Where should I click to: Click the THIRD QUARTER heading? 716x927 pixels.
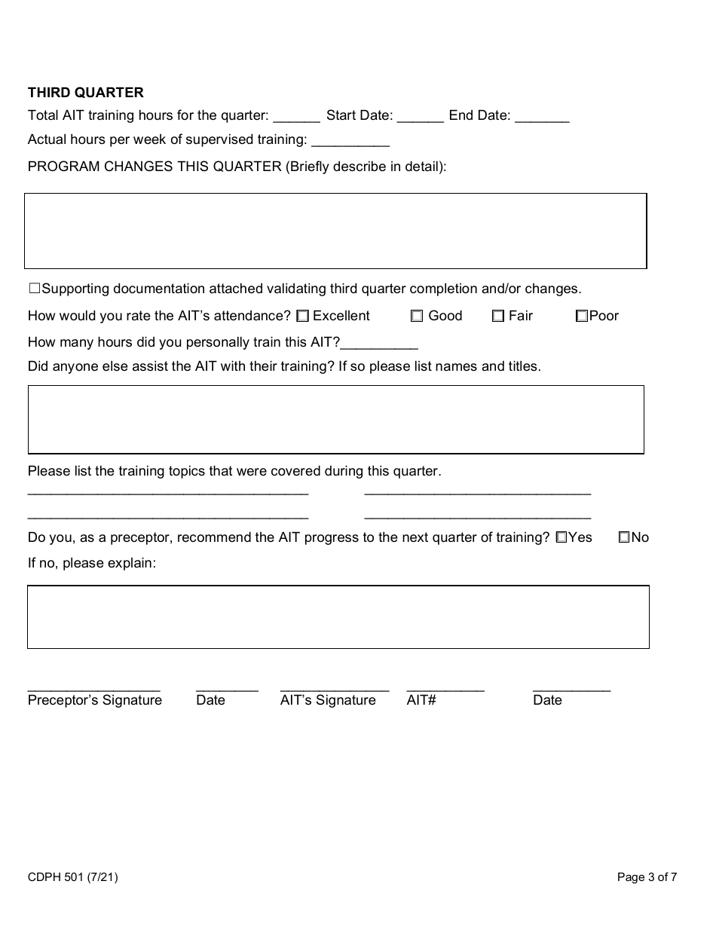pyautogui.click(x=85, y=93)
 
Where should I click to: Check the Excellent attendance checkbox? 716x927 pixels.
pyautogui.click(x=302, y=317)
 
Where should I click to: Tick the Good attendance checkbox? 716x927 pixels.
pyautogui.click(x=417, y=317)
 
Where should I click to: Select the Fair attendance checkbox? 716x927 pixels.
pyautogui.click(x=497, y=317)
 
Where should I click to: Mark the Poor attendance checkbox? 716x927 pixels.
pyautogui.click(x=581, y=317)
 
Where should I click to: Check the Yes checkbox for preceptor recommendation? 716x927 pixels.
pyautogui.click(x=561, y=538)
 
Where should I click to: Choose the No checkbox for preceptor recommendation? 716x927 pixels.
pyautogui.click(x=624, y=538)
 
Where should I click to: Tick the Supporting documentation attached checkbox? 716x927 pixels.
pyautogui.click(x=34, y=289)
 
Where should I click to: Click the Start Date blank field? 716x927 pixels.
pyautogui.click(x=420, y=117)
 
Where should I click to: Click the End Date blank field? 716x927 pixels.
pyautogui.click(x=543, y=117)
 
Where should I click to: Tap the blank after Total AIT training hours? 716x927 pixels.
pyautogui.click(x=296, y=117)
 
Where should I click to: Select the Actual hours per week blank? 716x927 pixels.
pyautogui.click(x=350, y=141)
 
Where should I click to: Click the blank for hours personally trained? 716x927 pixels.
pyautogui.click(x=379, y=344)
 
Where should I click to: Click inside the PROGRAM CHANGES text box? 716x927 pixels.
pyautogui.click(x=335, y=231)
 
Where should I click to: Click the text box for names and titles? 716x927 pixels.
pyautogui.click(x=335, y=419)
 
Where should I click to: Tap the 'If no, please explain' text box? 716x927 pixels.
pyautogui.click(x=338, y=616)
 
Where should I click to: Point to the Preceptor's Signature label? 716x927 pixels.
pyautogui.click(x=95, y=700)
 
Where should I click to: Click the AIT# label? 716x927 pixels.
pyautogui.click(x=421, y=700)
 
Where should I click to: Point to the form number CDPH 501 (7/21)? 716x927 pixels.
pyautogui.click(x=72, y=877)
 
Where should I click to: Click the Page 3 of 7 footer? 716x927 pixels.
pyautogui.click(x=647, y=877)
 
